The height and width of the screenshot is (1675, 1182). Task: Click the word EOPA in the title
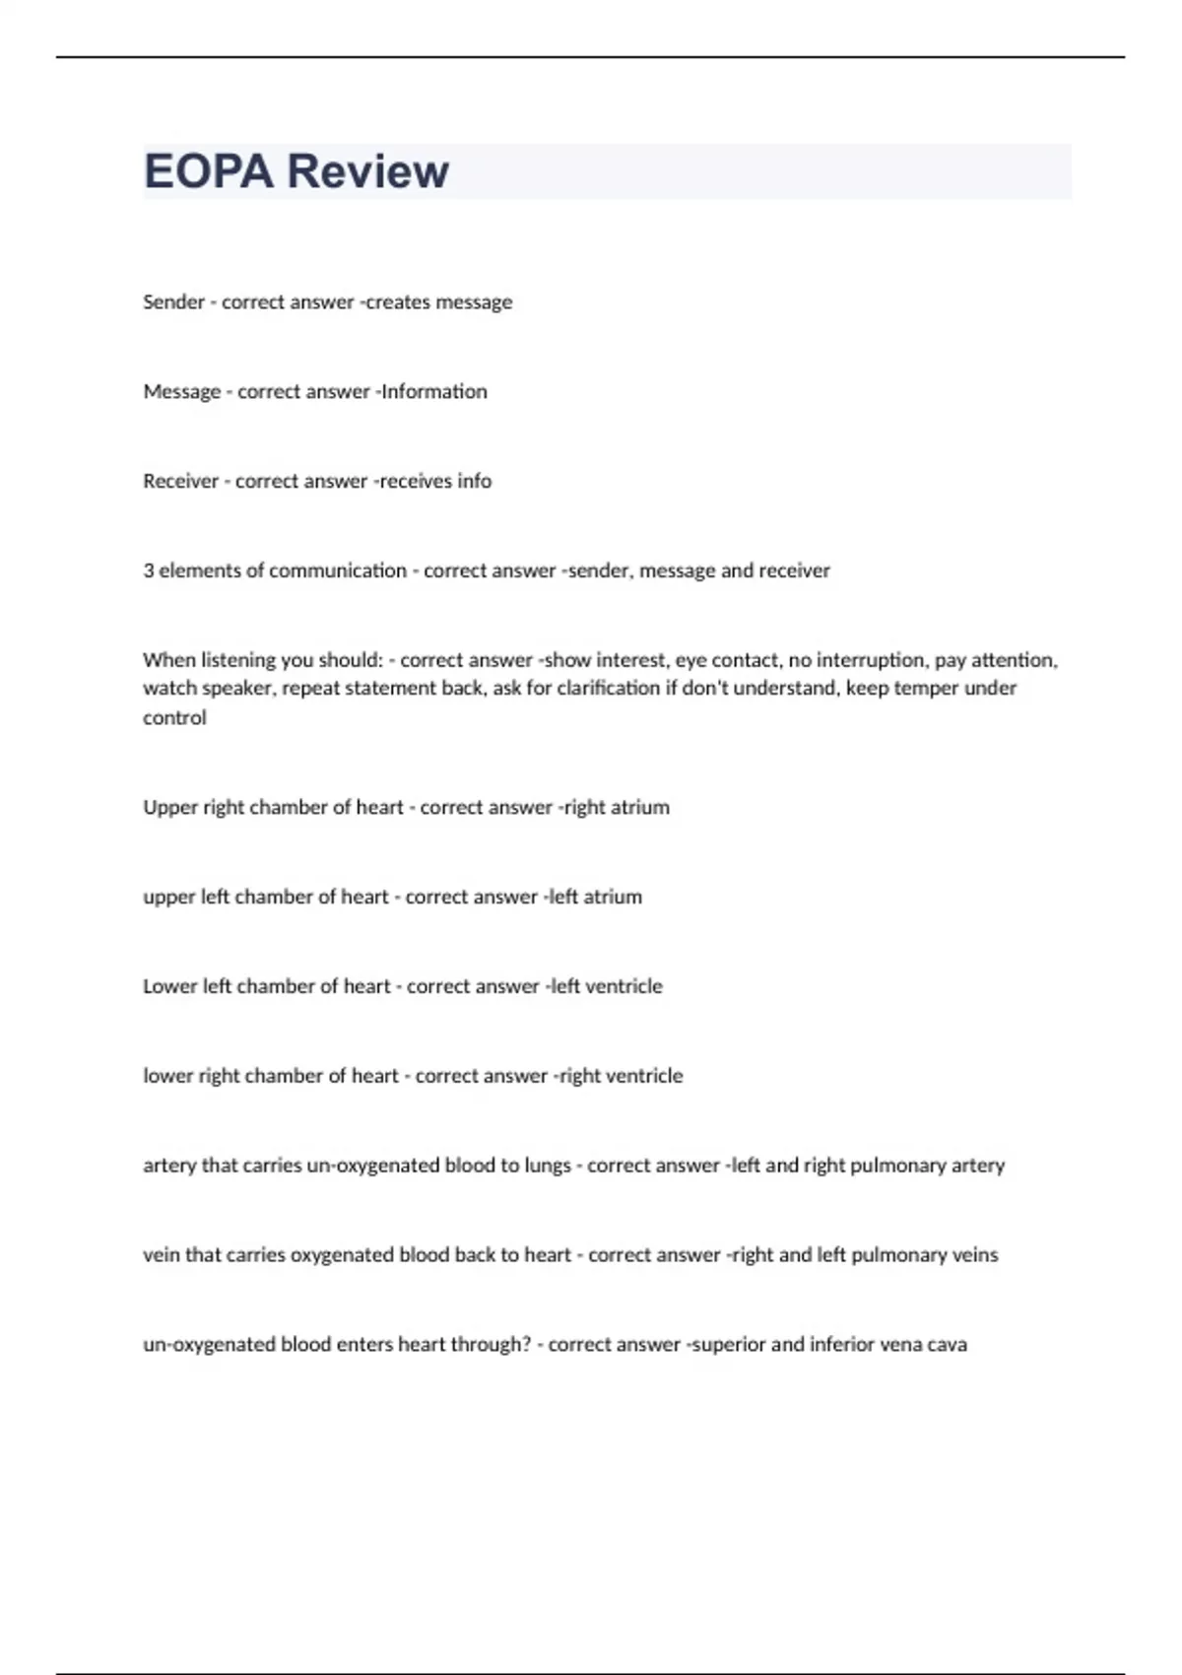[208, 171]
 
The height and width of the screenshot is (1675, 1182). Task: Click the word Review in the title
[367, 171]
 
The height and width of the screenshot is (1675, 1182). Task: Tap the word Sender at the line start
[173, 301]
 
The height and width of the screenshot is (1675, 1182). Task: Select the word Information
[433, 391]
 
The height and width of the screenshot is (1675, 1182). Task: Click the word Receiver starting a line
[180, 481]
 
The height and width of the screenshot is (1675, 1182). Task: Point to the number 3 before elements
[148, 570]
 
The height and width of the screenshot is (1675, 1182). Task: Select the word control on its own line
[174, 717]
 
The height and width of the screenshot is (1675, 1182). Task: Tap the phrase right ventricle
[621, 1076]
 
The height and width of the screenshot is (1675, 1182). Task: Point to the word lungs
[548, 1166]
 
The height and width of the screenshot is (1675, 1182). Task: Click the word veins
[975, 1255]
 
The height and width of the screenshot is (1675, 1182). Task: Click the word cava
[947, 1345]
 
